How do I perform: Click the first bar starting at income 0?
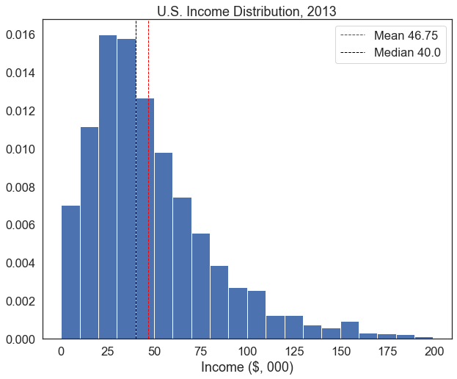tap(71, 272)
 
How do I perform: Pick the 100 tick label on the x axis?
tap(248, 350)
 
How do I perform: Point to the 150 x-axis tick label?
tap(340, 350)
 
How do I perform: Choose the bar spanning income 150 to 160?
tap(350, 331)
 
